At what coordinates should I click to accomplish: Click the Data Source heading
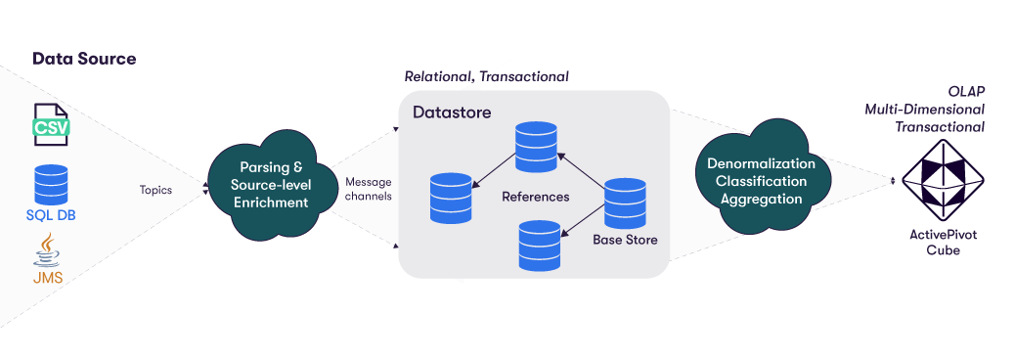pos(84,59)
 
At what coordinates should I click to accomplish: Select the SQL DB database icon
pos(51,183)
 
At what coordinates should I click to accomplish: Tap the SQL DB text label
pos(51,215)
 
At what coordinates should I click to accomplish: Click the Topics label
pos(155,190)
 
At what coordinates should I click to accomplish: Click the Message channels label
pos(369,189)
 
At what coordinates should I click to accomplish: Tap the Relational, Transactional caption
pos(486,76)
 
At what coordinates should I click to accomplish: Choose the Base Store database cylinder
pos(624,203)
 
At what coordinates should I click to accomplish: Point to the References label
pos(535,197)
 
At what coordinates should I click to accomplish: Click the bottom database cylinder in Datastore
pos(539,245)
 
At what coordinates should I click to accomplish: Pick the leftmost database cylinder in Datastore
pos(450,198)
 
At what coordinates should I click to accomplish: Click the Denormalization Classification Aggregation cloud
pos(762,181)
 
